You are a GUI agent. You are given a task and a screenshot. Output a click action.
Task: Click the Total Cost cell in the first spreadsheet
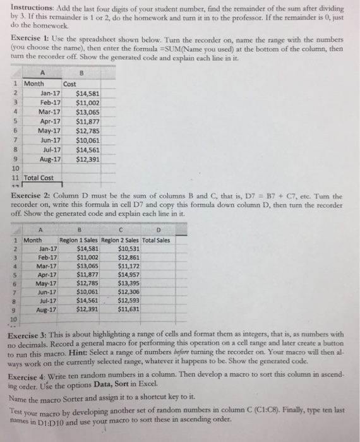(39, 178)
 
